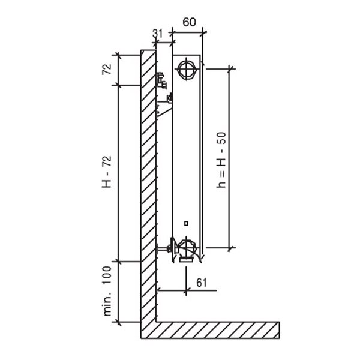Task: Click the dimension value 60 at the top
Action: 188,22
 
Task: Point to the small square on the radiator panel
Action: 186,223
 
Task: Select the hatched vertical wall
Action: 148,180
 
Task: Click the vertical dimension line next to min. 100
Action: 119,292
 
